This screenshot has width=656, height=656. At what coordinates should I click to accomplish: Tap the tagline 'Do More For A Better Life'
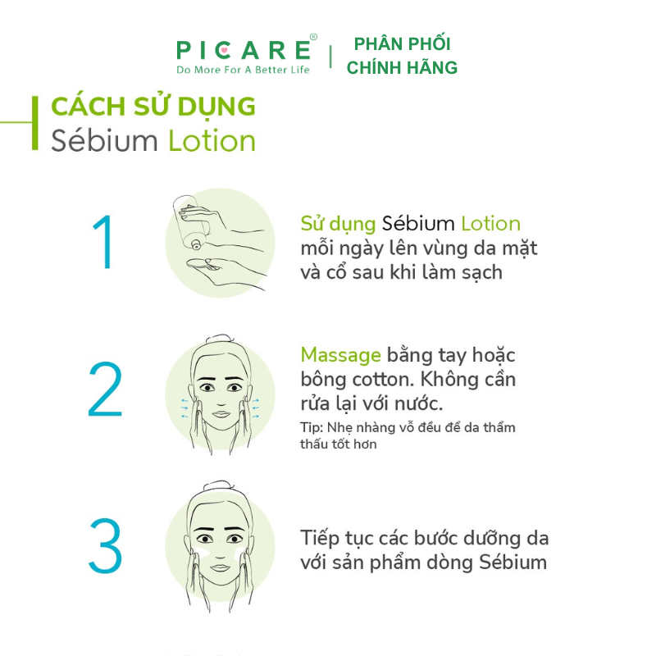tap(244, 70)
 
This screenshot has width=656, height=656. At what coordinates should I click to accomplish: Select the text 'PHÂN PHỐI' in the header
tap(402, 44)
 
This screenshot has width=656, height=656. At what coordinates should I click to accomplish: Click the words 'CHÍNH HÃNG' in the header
tap(402, 68)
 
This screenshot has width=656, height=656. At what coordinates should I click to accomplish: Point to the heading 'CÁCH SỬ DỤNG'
tap(153, 107)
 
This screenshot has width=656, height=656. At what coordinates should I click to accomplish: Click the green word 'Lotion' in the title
tap(212, 140)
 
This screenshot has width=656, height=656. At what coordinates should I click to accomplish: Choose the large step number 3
tap(104, 545)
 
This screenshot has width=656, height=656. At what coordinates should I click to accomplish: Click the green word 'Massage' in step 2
tap(340, 355)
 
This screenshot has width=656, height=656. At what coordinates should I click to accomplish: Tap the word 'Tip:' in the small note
tap(311, 427)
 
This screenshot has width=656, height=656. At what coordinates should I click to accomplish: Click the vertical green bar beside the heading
tap(34, 123)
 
